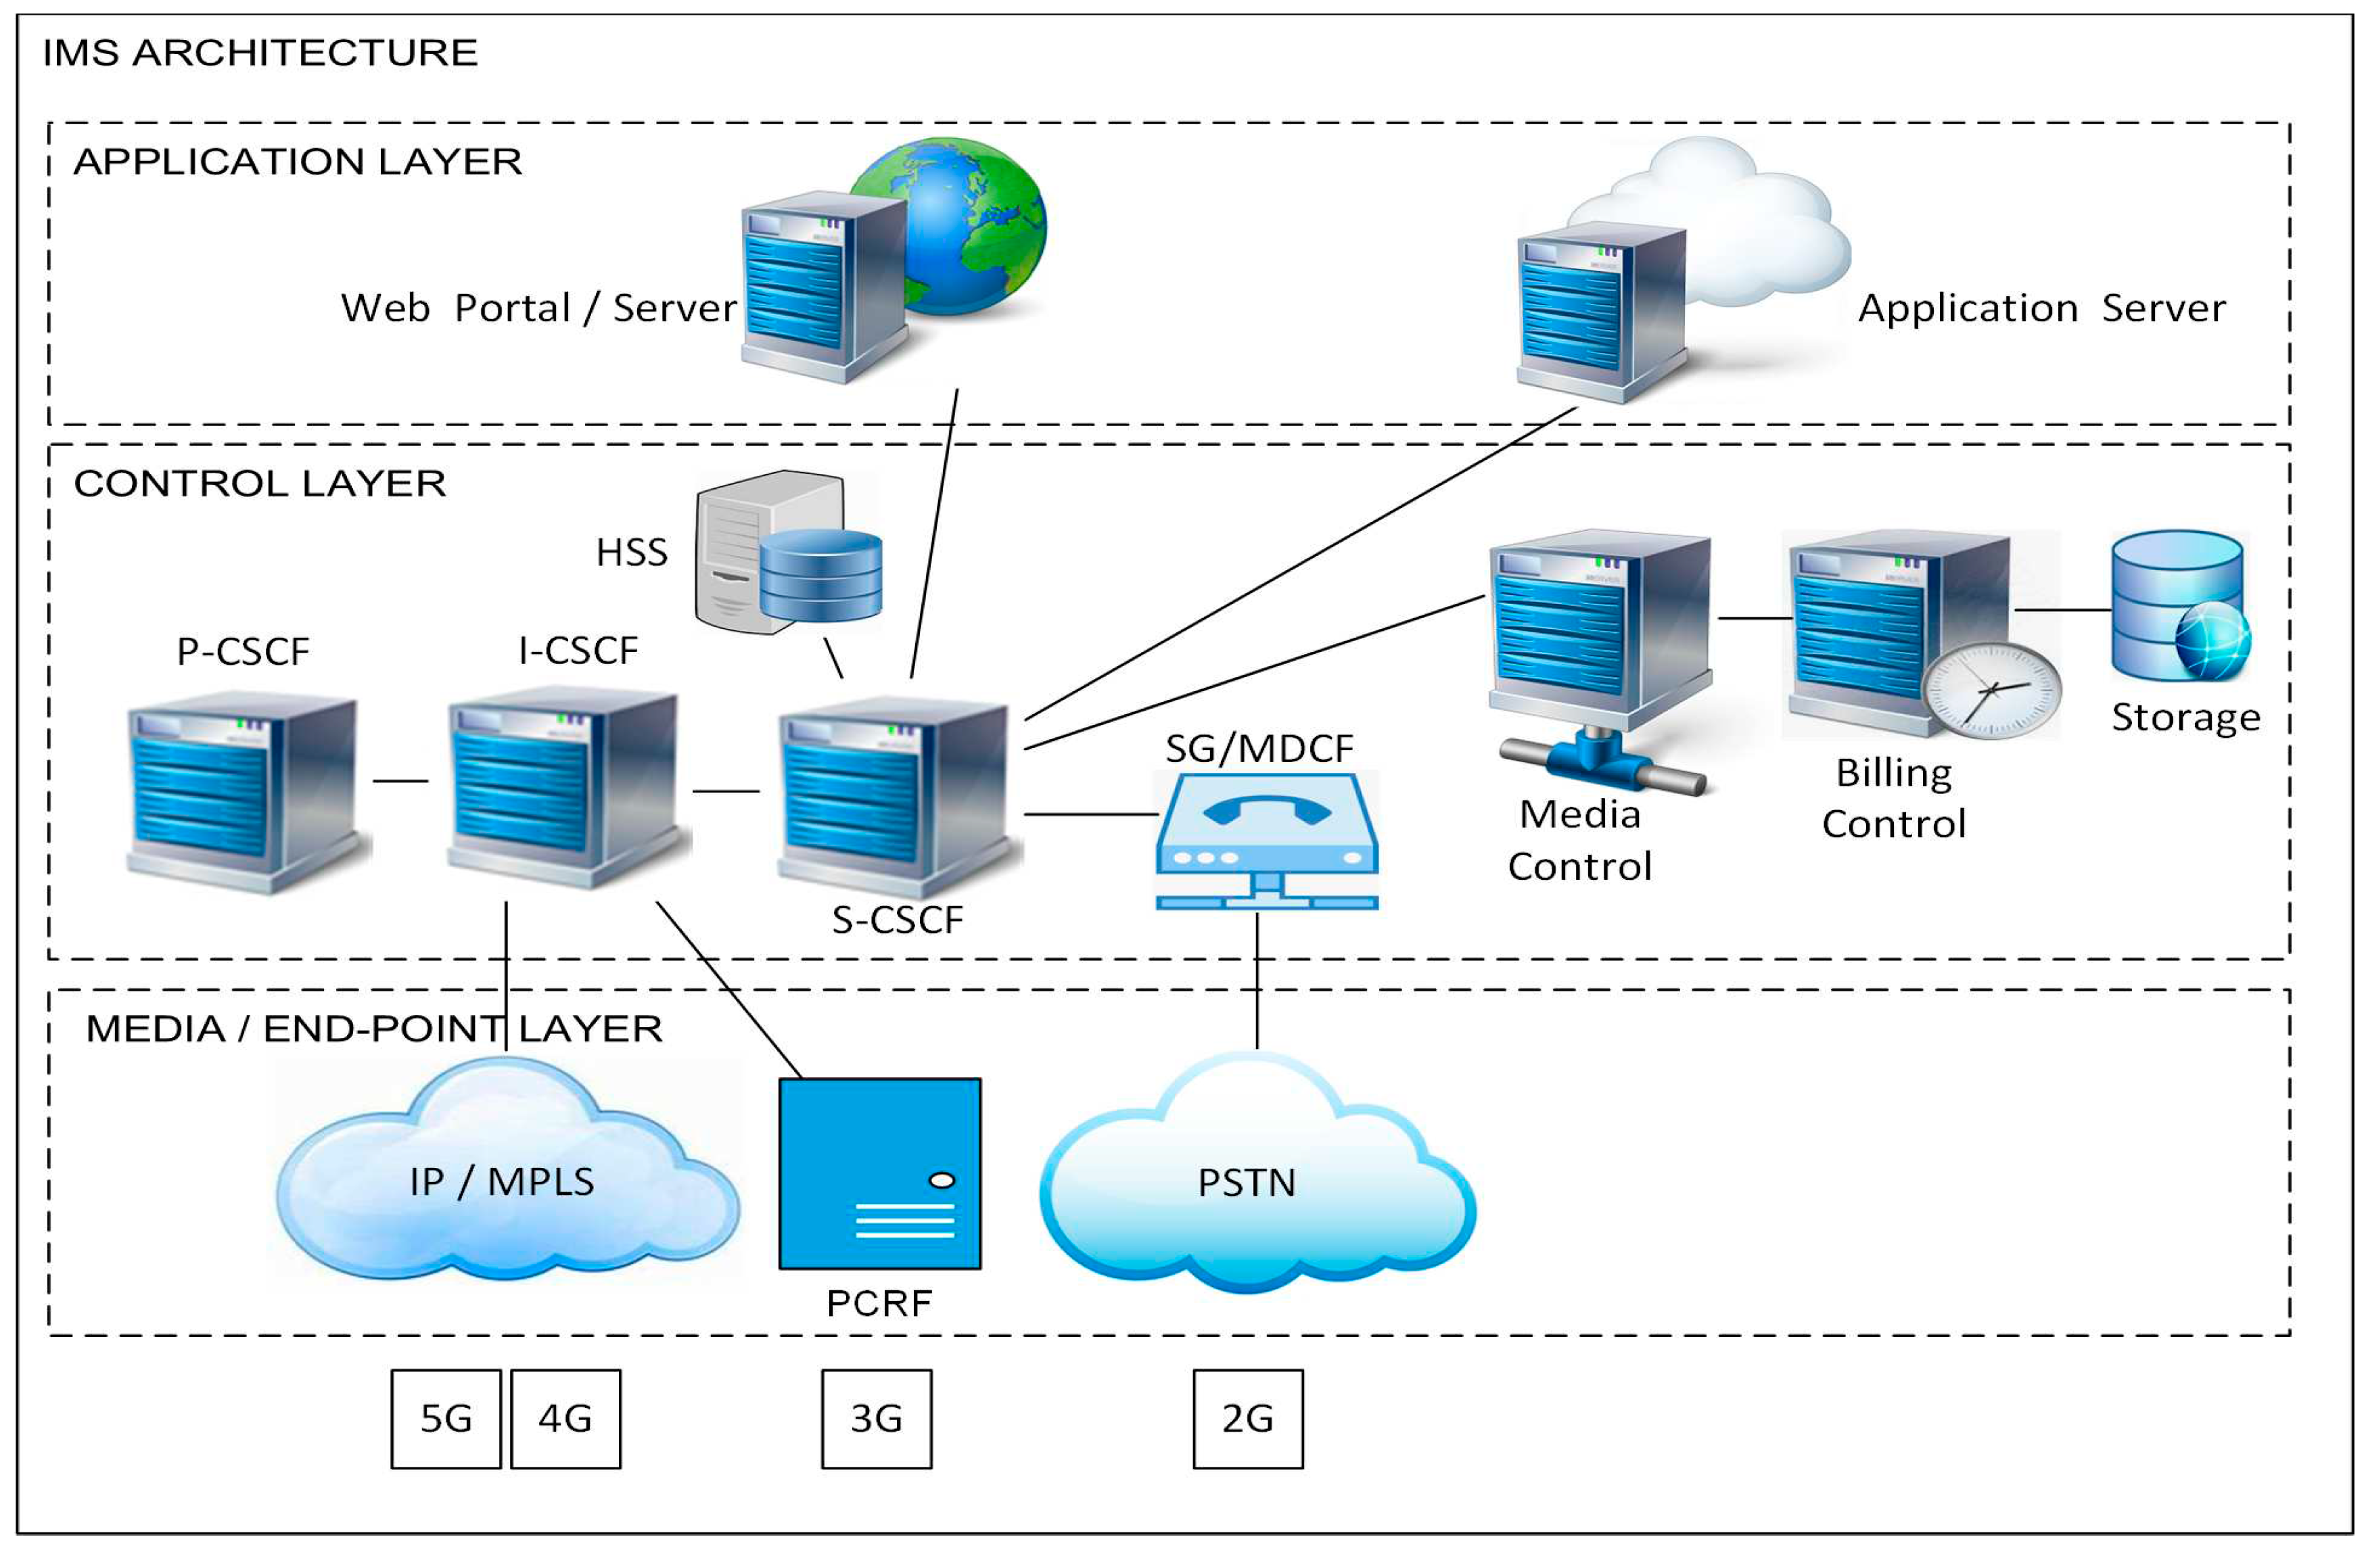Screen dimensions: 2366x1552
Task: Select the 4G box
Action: click(x=565, y=1419)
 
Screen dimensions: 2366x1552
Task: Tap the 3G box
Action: click(x=877, y=1419)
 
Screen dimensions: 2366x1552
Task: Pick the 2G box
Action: click(x=1249, y=1419)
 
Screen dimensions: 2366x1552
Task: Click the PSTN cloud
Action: click(x=1257, y=1173)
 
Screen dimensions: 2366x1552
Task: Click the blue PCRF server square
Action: click(x=880, y=1173)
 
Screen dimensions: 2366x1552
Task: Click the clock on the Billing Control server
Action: click(x=1991, y=690)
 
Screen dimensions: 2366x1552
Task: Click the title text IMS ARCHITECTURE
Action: click(x=260, y=53)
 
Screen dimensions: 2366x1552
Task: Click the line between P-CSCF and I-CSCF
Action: click(x=400, y=780)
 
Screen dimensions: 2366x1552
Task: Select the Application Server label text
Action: click(x=2042, y=308)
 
